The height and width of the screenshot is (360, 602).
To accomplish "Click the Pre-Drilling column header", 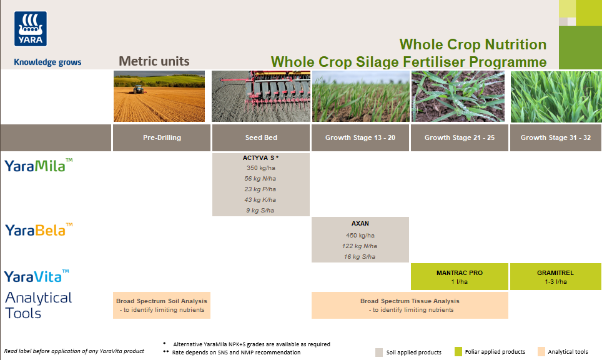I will pos(161,137).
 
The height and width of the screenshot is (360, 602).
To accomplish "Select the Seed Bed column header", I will pos(261,137).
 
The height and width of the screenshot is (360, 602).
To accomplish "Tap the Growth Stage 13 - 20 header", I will pos(360,137).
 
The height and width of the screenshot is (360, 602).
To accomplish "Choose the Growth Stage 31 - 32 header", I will pos(555,137).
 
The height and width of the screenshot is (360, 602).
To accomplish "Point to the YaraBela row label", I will pos(39,230).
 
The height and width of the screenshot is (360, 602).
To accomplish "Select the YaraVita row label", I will pos(37,276).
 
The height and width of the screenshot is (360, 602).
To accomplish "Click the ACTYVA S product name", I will pos(259,158).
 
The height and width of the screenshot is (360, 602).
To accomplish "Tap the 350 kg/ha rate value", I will pos(260,168).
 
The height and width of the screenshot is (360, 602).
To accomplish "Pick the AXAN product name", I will pos(360,223).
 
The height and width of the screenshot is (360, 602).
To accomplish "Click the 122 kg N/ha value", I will pos(360,246).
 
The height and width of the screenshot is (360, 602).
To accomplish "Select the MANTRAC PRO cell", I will pos(460,277).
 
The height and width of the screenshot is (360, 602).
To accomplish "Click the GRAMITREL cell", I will pos(555,277).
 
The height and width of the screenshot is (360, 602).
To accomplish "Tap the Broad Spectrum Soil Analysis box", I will pos(162,305).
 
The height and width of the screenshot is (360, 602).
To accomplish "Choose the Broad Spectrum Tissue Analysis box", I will pos(410,305).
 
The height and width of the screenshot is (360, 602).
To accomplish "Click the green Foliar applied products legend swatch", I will pos(458,352).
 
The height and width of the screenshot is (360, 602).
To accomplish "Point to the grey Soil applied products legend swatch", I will pos(379,352).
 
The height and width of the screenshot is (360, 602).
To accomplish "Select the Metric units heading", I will pos(154,61).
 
